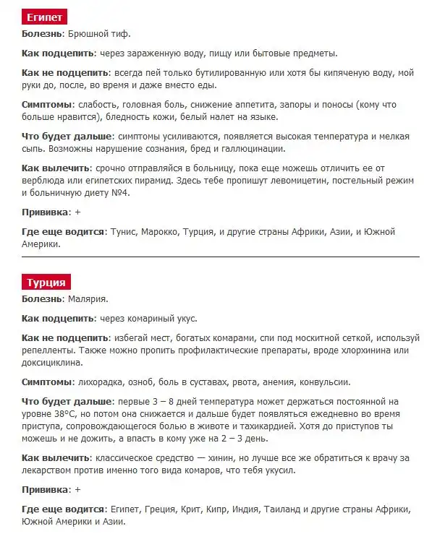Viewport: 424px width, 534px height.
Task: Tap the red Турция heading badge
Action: (46, 282)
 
